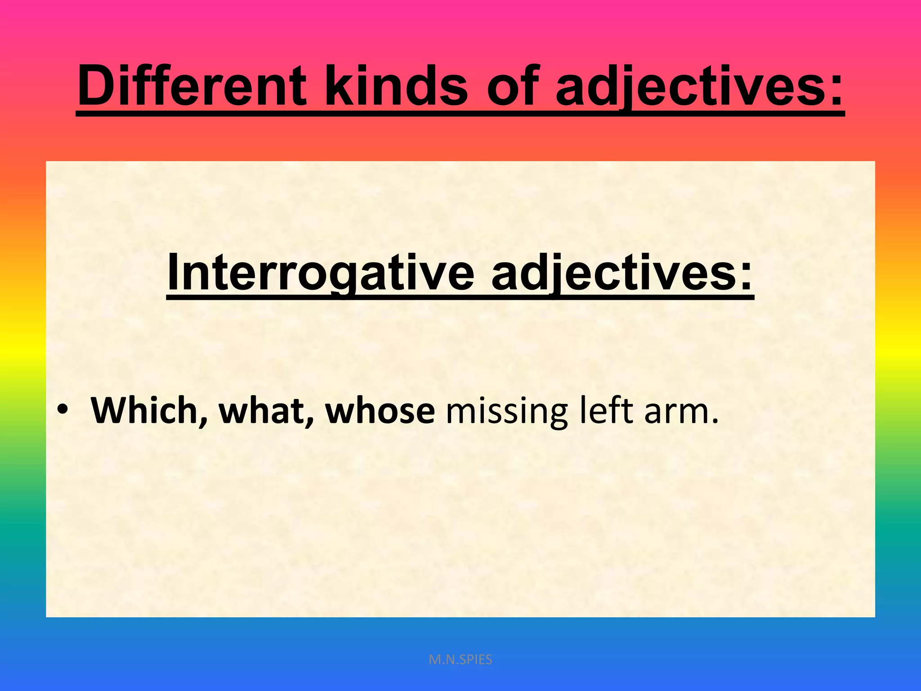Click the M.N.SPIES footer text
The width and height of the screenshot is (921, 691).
[460, 660]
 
